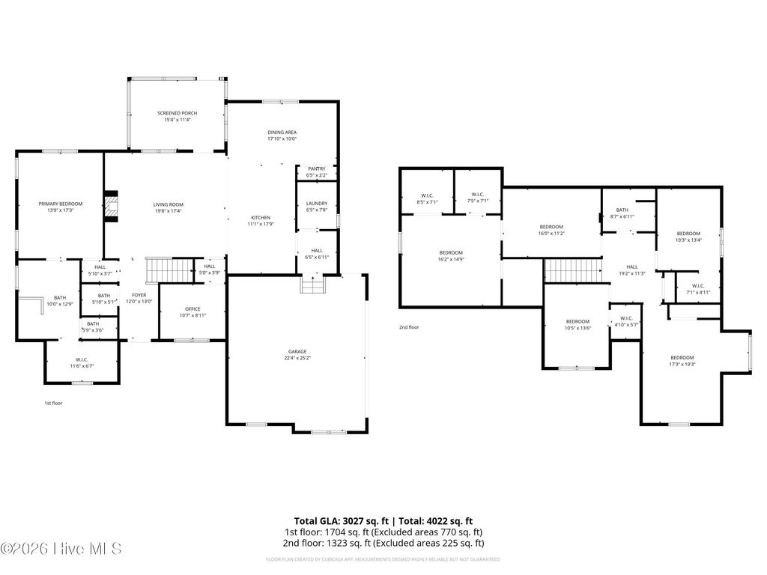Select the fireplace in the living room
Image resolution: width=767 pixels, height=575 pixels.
coord(111,207)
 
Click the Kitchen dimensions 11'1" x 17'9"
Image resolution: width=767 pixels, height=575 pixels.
coord(261,224)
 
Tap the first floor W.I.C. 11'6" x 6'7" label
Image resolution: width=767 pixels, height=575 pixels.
coord(82,363)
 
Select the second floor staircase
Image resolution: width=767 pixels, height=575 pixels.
coord(572,270)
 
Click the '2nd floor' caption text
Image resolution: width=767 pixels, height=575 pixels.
coord(409,327)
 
